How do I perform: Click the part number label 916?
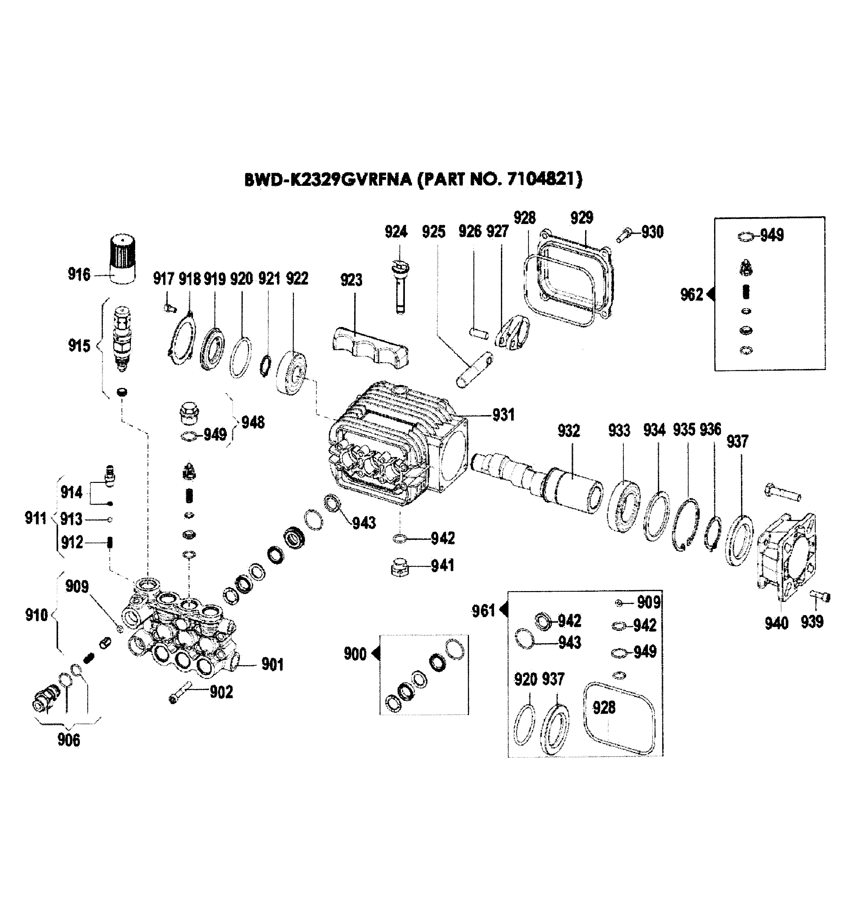tap(79, 274)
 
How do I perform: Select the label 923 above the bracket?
tap(351, 280)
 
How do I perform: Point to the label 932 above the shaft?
tap(568, 431)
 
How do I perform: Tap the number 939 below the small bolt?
tap(812, 622)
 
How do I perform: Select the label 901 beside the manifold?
tap(272, 664)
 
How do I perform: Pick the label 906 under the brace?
tap(69, 740)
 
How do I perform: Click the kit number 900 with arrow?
tap(355, 654)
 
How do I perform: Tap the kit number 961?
tap(483, 610)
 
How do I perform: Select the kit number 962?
tap(691, 294)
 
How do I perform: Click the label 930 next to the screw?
tap(652, 232)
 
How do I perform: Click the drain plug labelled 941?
tap(400, 568)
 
